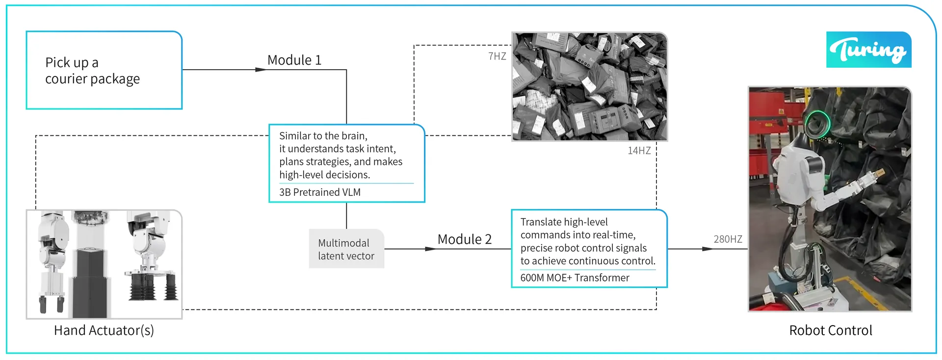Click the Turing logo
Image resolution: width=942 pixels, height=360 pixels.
pos(868,50)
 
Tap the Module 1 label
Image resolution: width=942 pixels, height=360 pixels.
pos(294,60)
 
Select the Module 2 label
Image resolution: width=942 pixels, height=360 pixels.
pos(465,239)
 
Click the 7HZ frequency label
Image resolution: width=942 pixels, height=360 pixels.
pos(497,56)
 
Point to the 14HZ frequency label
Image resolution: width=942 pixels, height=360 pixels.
pos(639,151)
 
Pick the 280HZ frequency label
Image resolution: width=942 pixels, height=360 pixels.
pos(728,239)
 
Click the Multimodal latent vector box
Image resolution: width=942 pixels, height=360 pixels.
pos(346,249)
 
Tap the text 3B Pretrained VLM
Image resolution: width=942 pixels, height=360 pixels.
pos(320,192)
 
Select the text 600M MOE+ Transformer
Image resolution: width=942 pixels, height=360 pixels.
pos(575,278)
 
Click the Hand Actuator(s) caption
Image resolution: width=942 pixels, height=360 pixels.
pos(104,331)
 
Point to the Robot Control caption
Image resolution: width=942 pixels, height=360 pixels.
pos(831,331)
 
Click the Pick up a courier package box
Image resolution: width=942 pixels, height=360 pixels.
pos(104,70)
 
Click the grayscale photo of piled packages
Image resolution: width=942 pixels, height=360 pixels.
pos(590,87)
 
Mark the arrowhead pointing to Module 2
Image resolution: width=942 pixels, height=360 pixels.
pos(431,249)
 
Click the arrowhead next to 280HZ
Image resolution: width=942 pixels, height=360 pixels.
pos(707,249)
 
